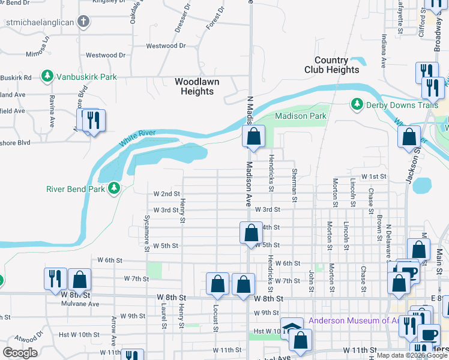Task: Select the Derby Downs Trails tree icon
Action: [x=357, y=104]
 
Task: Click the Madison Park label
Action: [x=300, y=116]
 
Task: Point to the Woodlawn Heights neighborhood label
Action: [x=197, y=86]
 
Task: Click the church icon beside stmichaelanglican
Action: [x=83, y=22]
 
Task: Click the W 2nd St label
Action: [x=166, y=194]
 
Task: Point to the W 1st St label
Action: [x=373, y=176]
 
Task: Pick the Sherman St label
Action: [x=295, y=181]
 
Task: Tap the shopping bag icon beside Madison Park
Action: [x=253, y=136]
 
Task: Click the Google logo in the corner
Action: [x=20, y=353]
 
